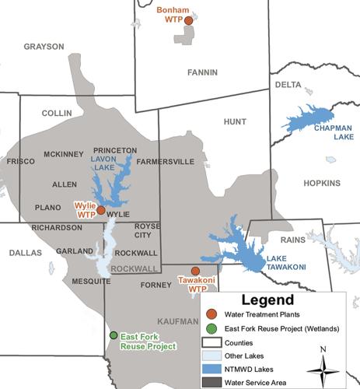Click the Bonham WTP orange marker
tap(188, 21)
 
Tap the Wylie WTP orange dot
tap(100, 210)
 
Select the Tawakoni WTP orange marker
tap(195, 271)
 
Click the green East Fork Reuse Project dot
tap(114, 335)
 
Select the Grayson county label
tap(44, 47)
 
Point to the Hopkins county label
tap(323, 184)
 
